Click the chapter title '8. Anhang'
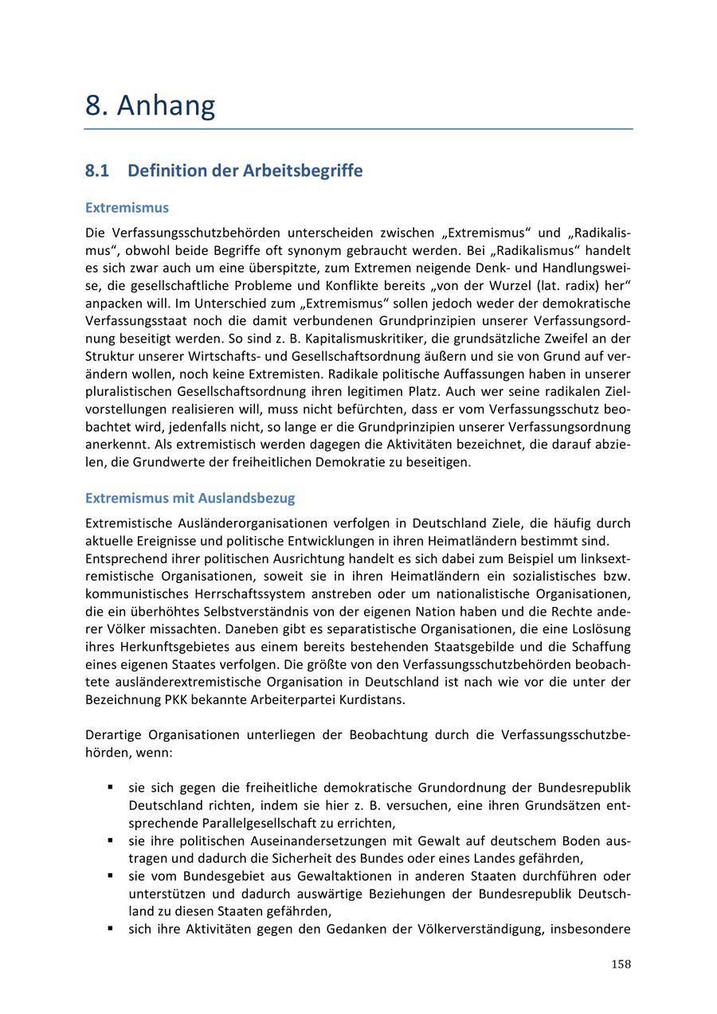pos(150,105)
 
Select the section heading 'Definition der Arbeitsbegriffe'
pos(245,170)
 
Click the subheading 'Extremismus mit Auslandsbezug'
pos(190,498)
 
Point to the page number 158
pos(621,964)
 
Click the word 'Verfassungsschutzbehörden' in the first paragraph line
pos(195,233)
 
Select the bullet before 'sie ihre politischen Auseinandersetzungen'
pos(110,840)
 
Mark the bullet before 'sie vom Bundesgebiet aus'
pos(110,875)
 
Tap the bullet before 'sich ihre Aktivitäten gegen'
pos(110,928)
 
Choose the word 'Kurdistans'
pos(374,699)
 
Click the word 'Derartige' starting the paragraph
pos(113,734)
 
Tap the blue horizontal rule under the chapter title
pos(358,128)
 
